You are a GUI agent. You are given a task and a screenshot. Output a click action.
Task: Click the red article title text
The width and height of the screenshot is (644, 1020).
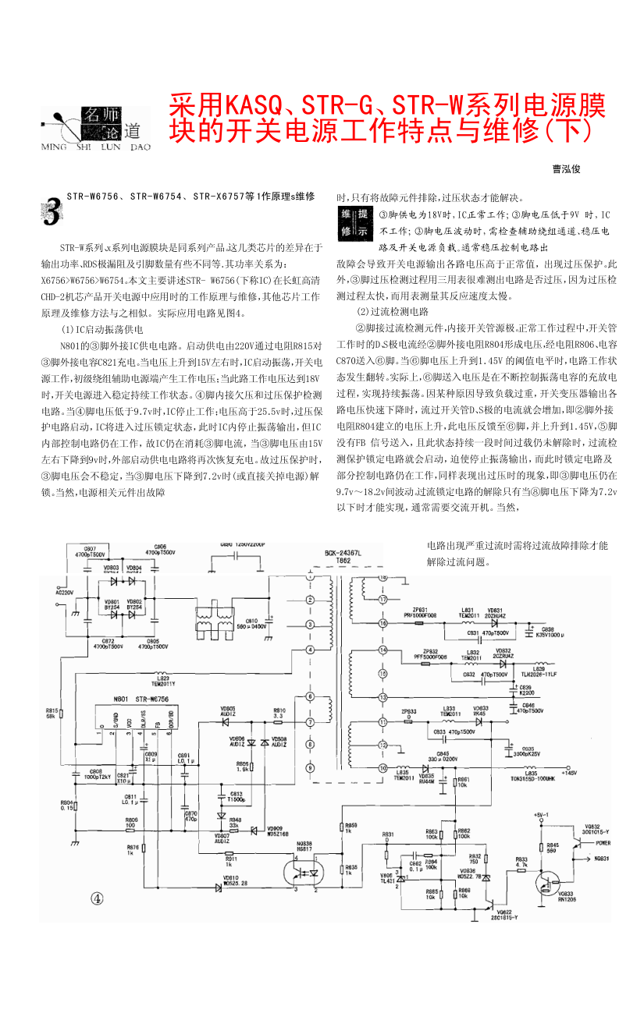tap(388, 116)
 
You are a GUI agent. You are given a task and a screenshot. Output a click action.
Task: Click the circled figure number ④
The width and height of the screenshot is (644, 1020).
tap(96, 898)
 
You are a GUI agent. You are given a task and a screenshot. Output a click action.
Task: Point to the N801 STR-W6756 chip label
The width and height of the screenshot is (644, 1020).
tap(140, 700)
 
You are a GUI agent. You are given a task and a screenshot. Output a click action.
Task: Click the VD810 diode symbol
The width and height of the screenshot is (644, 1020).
tap(219, 887)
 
